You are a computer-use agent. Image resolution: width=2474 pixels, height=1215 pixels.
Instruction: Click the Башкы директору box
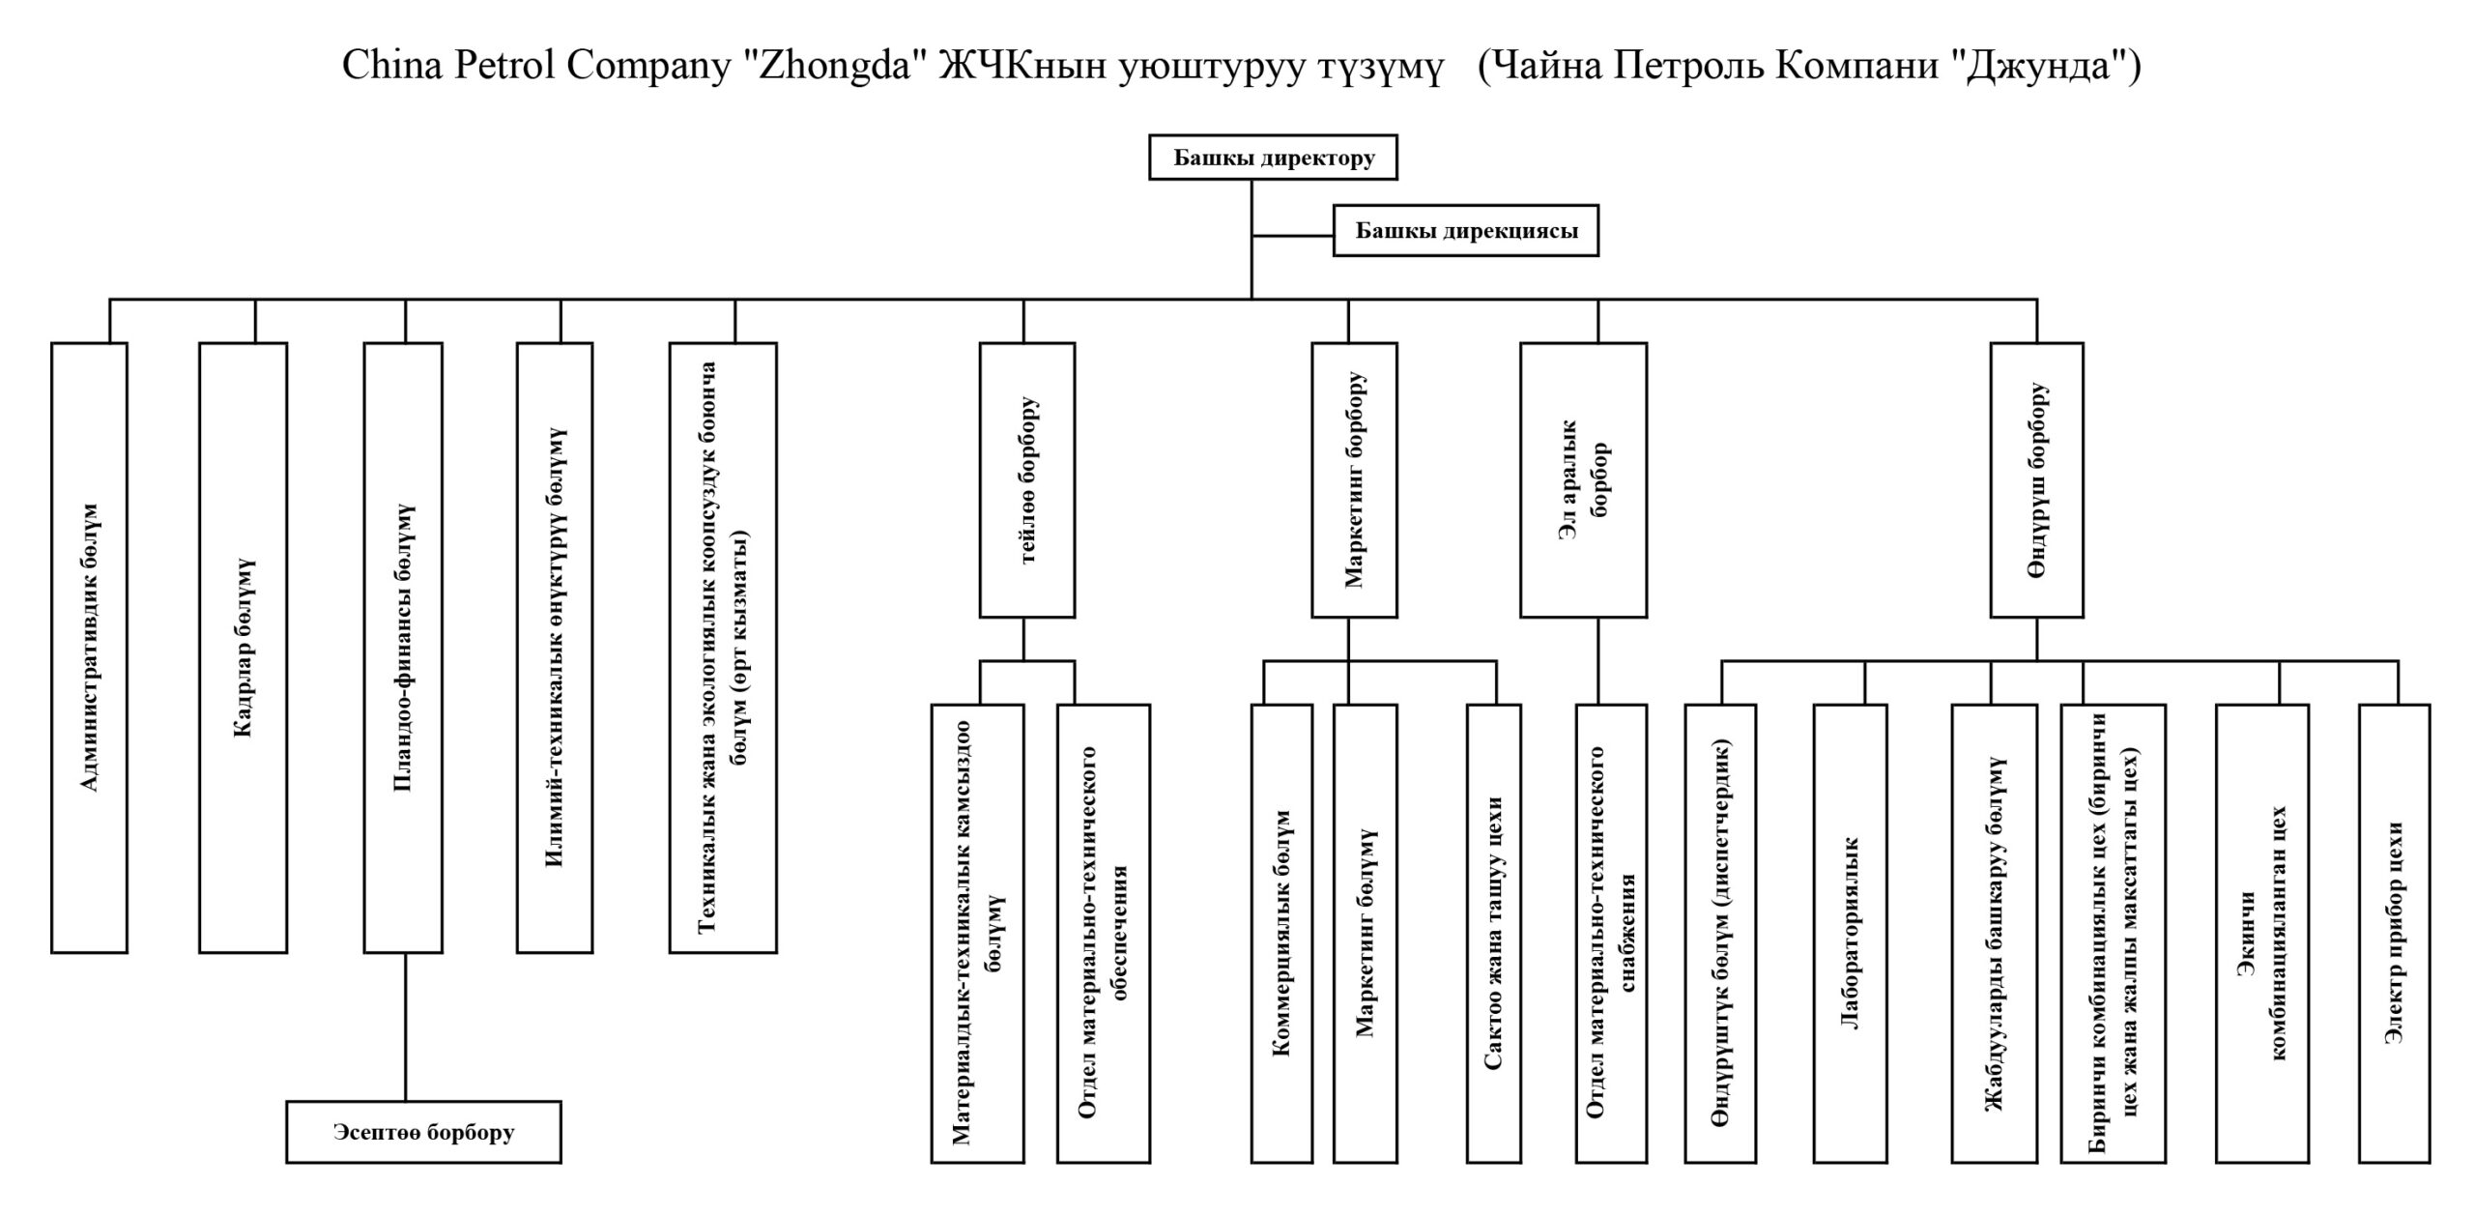[1273, 158]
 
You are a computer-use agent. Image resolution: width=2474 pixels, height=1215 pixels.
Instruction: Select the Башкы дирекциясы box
[1465, 231]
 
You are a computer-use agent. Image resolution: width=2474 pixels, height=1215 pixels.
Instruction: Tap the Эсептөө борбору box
[423, 1132]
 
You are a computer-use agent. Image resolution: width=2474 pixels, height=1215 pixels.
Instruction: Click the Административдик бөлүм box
[89, 648]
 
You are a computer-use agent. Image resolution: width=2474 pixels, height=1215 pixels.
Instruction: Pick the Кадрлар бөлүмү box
[243, 648]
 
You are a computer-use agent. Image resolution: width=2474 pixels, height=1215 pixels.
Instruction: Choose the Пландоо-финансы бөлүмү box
[403, 648]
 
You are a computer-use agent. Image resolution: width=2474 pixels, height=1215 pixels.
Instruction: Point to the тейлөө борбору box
[1026, 479]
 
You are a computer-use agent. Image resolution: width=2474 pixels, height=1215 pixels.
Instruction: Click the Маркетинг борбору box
[1354, 479]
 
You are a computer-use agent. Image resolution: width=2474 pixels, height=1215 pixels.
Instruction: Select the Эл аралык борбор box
[1583, 479]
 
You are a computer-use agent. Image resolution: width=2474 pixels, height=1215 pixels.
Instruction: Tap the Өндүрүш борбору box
[2036, 479]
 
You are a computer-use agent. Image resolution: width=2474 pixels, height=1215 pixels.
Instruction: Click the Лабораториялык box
[1850, 933]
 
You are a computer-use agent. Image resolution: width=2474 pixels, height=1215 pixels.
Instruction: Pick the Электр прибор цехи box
[2394, 933]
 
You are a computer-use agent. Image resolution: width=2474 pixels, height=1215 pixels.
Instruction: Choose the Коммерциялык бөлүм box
[1281, 933]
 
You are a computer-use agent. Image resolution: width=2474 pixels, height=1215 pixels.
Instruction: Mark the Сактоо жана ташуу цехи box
[1493, 933]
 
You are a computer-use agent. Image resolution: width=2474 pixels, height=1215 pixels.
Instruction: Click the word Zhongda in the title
[833, 66]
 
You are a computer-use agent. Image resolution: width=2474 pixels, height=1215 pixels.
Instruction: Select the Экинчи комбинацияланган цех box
[2261, 933]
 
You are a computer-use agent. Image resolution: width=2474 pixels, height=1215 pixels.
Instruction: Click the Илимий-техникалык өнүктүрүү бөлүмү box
[554, 648]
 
